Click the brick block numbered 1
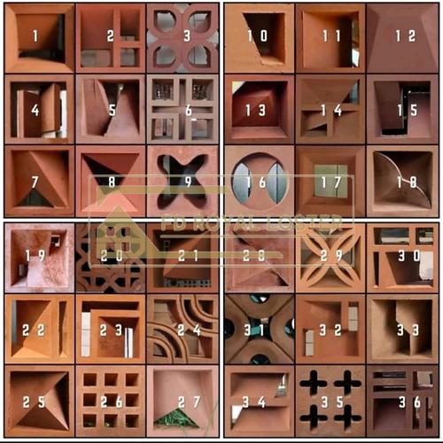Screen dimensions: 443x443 (38, 37)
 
